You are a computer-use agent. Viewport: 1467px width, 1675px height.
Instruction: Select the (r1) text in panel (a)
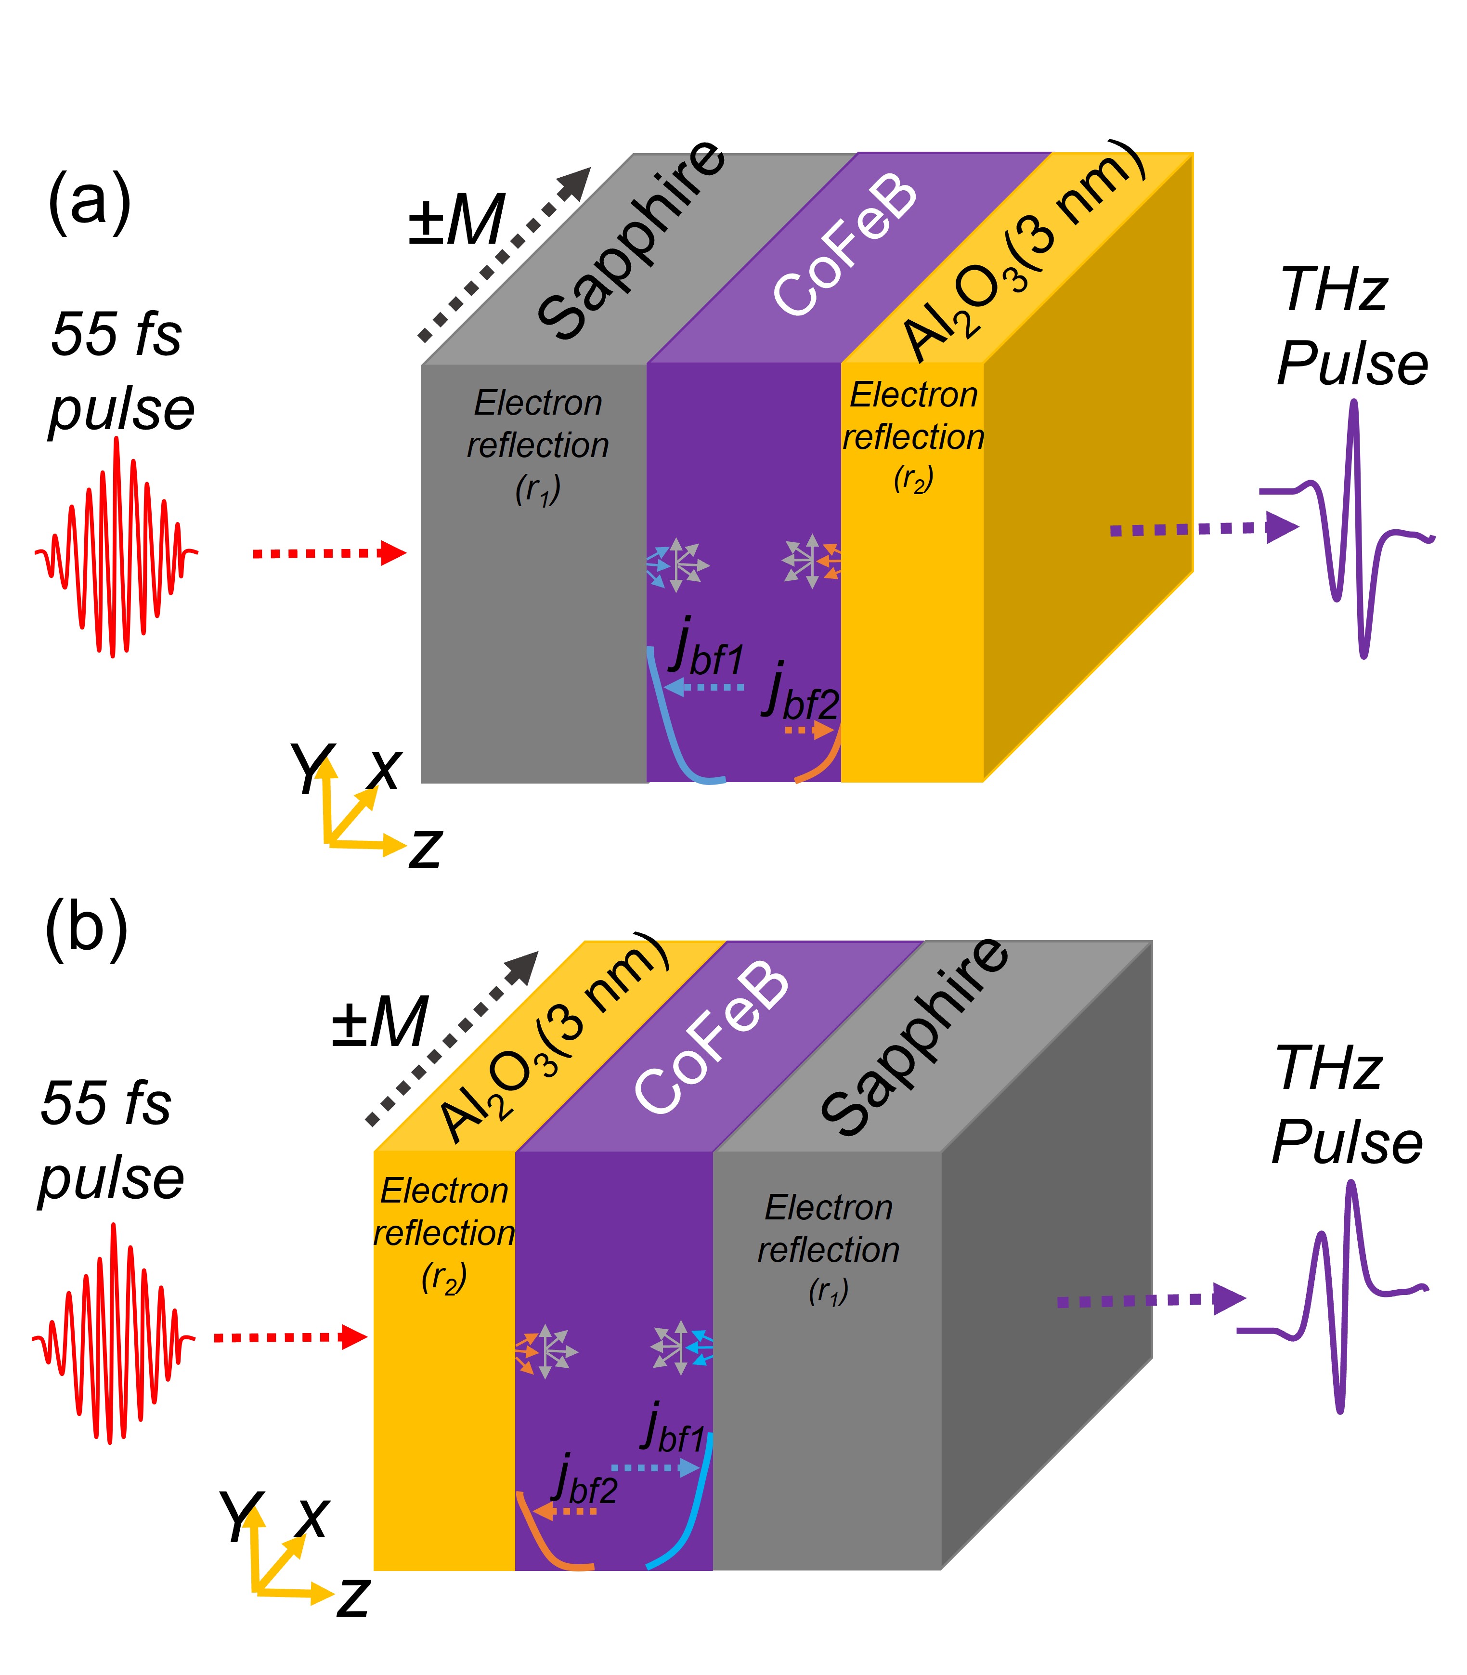click(x=538, y=490)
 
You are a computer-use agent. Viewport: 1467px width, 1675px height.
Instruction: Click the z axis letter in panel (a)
click(x=426, y=849)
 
